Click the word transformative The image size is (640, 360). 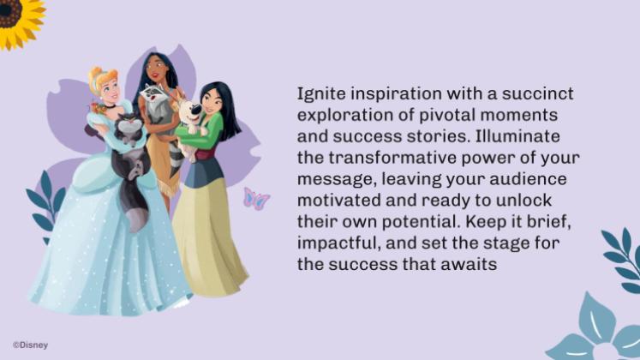tap(393, 158)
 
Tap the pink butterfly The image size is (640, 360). tap(255, 199)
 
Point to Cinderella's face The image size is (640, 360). tap(109, 87)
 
